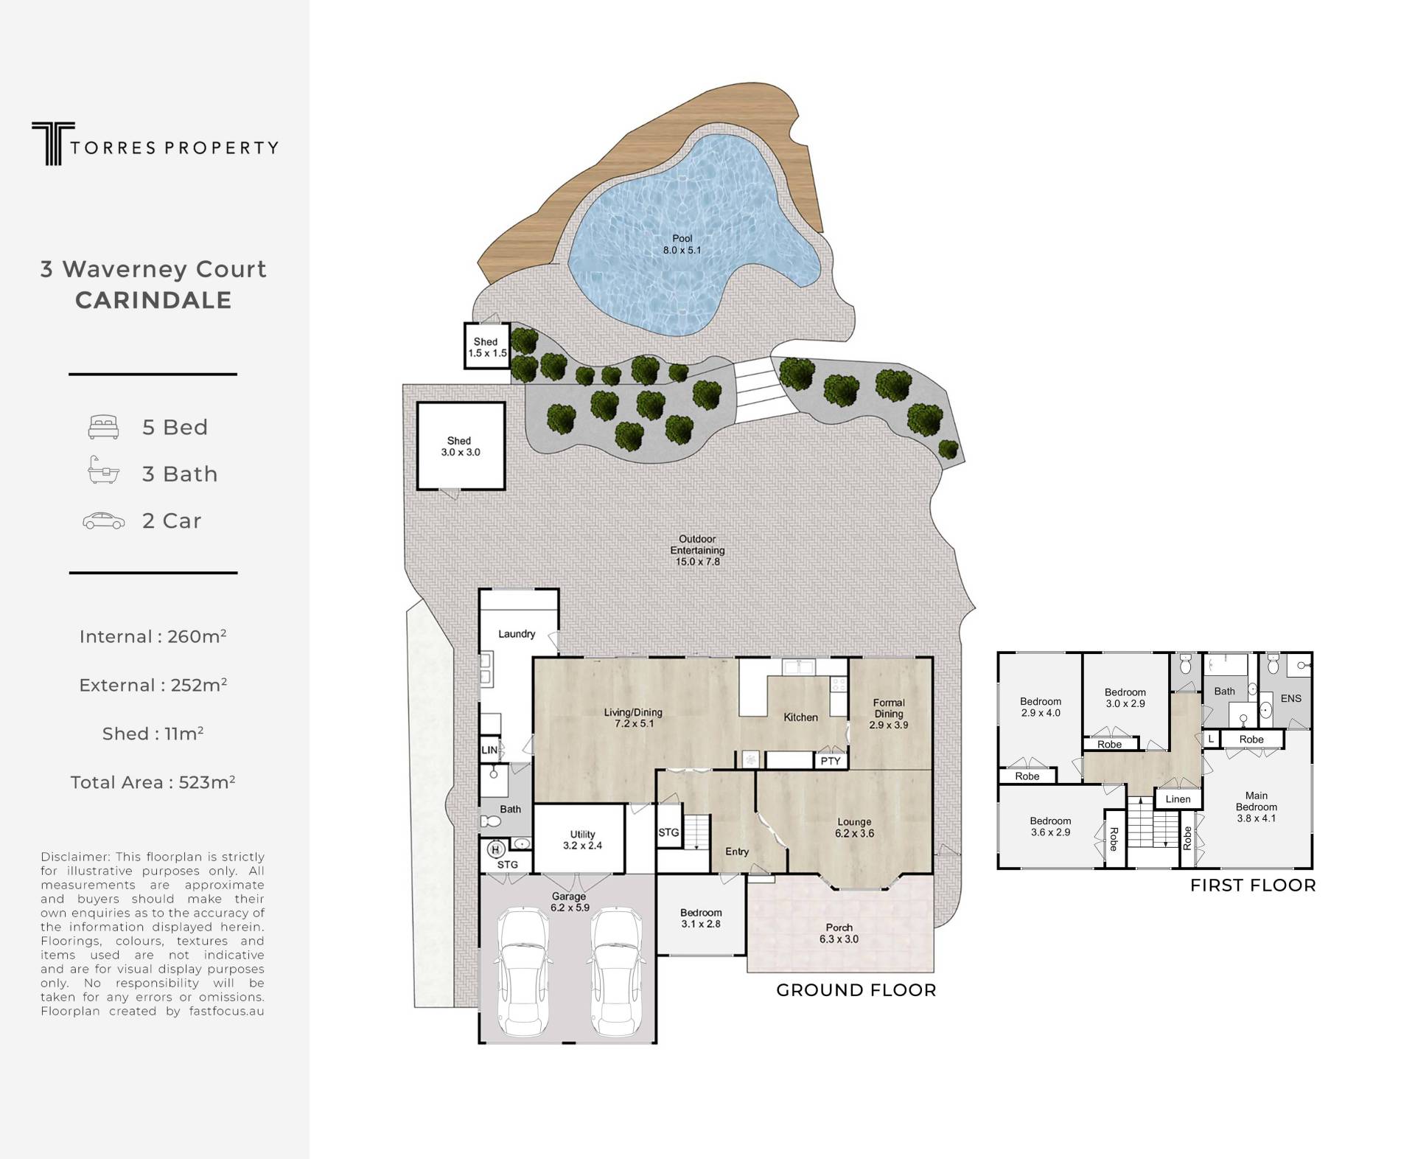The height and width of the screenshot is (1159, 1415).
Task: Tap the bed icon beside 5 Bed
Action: [104, 428]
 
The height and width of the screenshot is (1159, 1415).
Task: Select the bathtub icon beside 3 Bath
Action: [103, 470]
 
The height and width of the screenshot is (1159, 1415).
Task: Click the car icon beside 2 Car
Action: [103, 521]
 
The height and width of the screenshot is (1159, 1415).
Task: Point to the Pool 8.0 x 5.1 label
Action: [682, 244]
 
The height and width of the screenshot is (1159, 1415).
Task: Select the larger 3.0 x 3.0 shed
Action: [461, 446]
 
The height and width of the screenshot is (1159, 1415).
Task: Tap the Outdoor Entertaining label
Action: [697, 550]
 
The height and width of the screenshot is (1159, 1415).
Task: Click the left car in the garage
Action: [524, 973]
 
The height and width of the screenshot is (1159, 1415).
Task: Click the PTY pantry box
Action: [831, 761]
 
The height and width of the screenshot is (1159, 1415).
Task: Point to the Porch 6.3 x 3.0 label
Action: [839, 933]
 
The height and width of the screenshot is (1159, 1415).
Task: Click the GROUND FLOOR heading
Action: [856, 990]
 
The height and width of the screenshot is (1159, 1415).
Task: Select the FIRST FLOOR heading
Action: [1253, 885]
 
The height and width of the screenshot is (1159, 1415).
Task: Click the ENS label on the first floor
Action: [1291, 698]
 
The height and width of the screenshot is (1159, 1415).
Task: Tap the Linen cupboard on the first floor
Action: [1178, 798]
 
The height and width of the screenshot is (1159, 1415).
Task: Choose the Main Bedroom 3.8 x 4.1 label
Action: [1257, 807]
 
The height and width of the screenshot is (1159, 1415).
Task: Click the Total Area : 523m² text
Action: [153, 782]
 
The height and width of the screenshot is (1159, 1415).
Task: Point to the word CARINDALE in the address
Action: [153, 300]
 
